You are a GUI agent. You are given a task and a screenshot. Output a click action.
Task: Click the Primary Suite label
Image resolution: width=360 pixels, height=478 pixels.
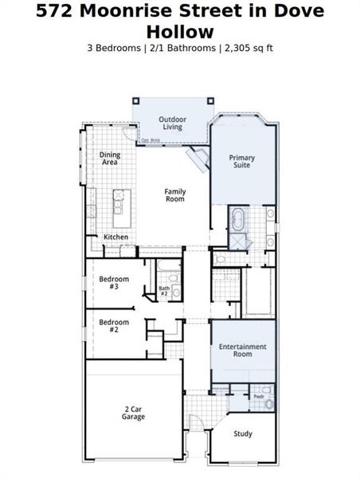241,162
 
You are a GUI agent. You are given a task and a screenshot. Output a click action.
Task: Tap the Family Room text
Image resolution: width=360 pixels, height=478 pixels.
174,194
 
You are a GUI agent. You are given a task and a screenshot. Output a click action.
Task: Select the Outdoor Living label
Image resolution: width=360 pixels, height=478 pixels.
172,123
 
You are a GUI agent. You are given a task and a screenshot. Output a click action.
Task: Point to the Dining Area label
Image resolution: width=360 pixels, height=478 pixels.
110,158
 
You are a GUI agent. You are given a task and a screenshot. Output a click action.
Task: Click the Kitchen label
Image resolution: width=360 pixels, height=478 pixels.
115,237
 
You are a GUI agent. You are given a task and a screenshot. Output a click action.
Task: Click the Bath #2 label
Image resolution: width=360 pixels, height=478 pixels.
164,291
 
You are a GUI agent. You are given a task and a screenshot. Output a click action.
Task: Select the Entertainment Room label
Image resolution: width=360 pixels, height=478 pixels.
243,350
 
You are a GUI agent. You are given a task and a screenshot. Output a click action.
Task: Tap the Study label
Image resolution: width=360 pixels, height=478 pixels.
243,433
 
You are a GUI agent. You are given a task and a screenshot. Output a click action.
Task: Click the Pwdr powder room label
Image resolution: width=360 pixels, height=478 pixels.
258,396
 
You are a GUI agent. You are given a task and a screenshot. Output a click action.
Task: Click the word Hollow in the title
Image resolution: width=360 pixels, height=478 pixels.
180,32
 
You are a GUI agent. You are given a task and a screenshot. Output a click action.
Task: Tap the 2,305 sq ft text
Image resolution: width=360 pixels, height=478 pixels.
247,48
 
